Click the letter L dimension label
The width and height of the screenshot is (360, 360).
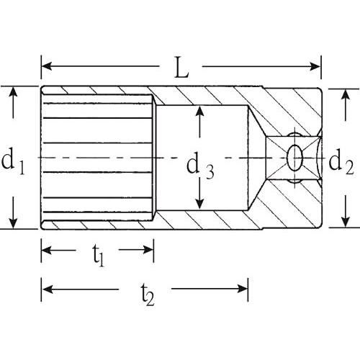click(x=181, y=68)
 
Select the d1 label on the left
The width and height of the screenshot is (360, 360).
click(x=13, y=161)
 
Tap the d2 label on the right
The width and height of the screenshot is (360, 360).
click(x=341, y=161)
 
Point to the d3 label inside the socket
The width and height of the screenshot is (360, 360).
click(x=200, y=166)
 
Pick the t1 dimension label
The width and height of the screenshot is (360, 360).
click(x=99, y=256)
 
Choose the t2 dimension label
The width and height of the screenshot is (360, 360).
click(x=147, y=294)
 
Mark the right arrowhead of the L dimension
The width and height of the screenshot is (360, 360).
click(x=315, y=66)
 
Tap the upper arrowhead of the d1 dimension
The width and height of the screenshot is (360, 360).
click(x=13, y=92)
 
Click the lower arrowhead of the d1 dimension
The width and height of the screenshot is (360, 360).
click(x=13, y=222)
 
